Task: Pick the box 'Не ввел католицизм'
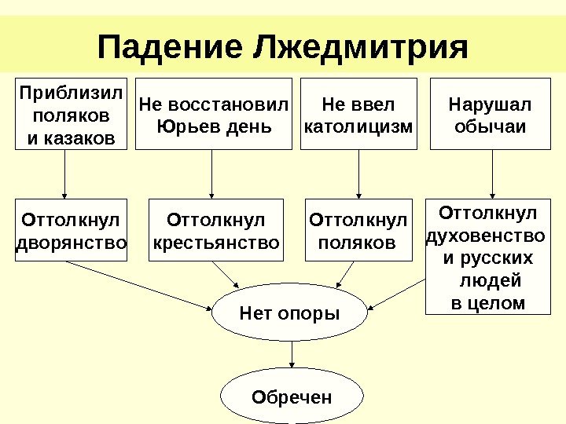pos(358,114)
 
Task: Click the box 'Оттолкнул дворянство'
pos(71,230)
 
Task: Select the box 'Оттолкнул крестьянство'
pos(215,230)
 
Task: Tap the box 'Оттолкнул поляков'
pos(358,230)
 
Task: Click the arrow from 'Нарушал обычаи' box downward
pos(493,174)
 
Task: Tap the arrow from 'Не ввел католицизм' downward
pos(358,174)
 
